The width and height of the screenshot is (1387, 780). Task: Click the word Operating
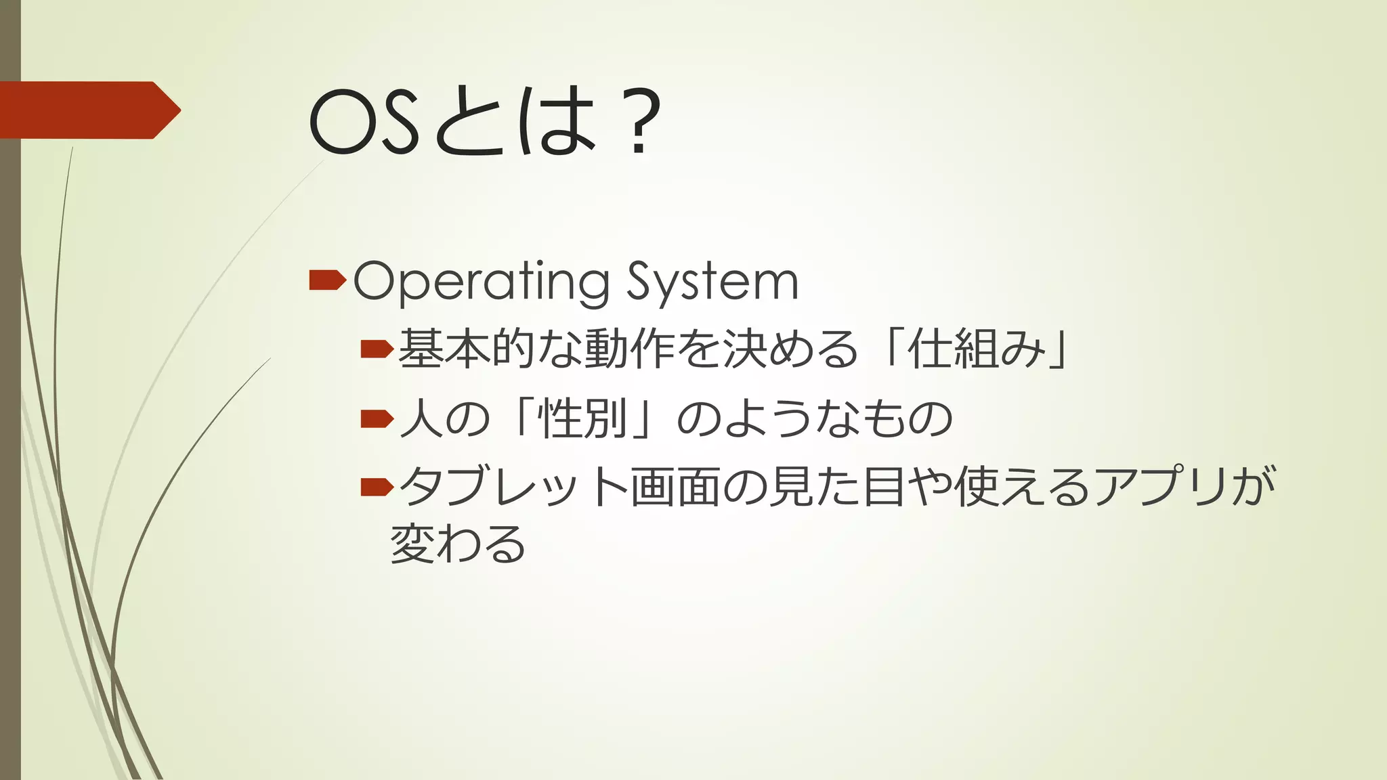coord(481,282)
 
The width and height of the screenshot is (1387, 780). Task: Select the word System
coord(712,282)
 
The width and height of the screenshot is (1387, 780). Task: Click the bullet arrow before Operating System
coord(327,279)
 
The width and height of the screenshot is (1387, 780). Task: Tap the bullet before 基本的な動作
coord(377,349)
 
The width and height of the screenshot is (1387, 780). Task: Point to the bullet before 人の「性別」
coord(377,419)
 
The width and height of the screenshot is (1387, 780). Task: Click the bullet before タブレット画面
coord(377,486)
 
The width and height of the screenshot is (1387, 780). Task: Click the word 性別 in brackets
coord(582,419)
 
